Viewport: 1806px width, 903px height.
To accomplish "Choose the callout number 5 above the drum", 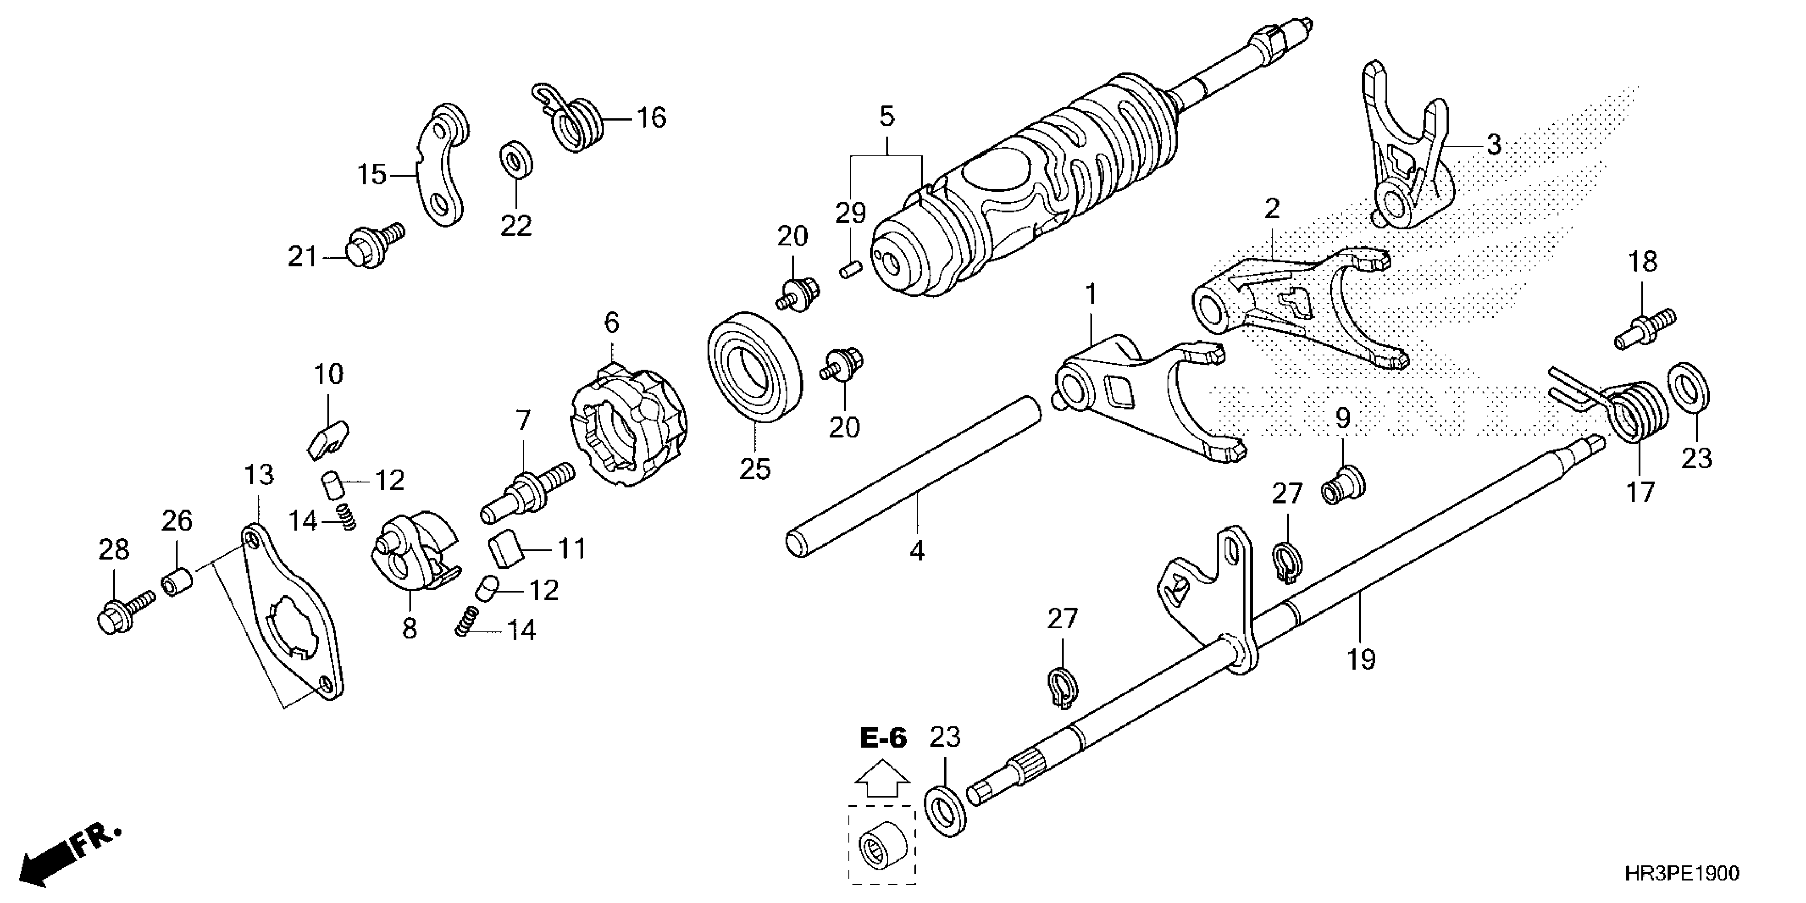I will click(x=887, y=116).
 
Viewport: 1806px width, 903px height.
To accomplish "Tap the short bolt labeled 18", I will click(x=1644, y=329).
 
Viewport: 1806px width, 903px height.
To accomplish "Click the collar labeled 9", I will click(x=1342, y=484).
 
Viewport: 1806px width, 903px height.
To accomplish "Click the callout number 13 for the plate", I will click(x=259, y=475).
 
